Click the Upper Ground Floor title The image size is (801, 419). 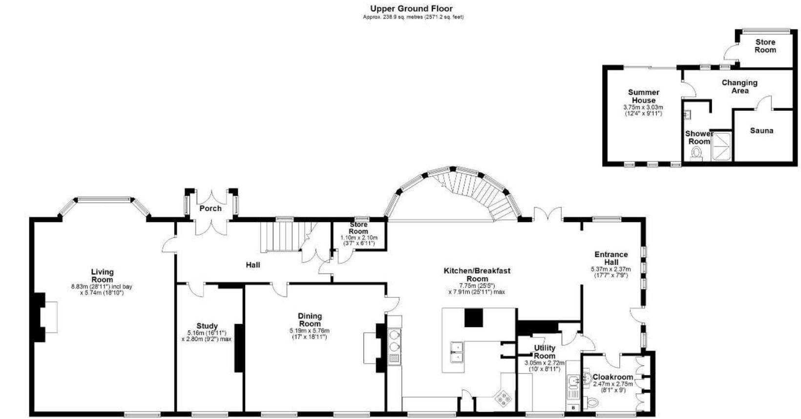[x=411, y=8]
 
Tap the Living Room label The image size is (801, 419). [x=102, y=275]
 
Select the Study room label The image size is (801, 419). [x=207, y=326]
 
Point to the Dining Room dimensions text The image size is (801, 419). [x=309, y=334]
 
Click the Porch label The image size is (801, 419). [x=211, y=209]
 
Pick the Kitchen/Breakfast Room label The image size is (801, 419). [x=477, y=274]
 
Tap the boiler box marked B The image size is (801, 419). [x=572, y=407]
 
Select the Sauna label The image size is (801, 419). [x=761, y=130]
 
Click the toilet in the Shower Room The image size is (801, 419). [x=696, y=154]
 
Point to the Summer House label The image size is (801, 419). [x=643, y=96]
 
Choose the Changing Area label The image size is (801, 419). [x=739, y=86]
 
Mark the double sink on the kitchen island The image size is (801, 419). [x=456, y=352]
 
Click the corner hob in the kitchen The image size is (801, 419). [x=503, y=398]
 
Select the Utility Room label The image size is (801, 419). [x=544, y=352]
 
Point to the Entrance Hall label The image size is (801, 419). [x=611, y=258]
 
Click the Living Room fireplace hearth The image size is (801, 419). [x=51, y=317]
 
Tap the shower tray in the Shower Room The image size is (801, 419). [x=722, y=146]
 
